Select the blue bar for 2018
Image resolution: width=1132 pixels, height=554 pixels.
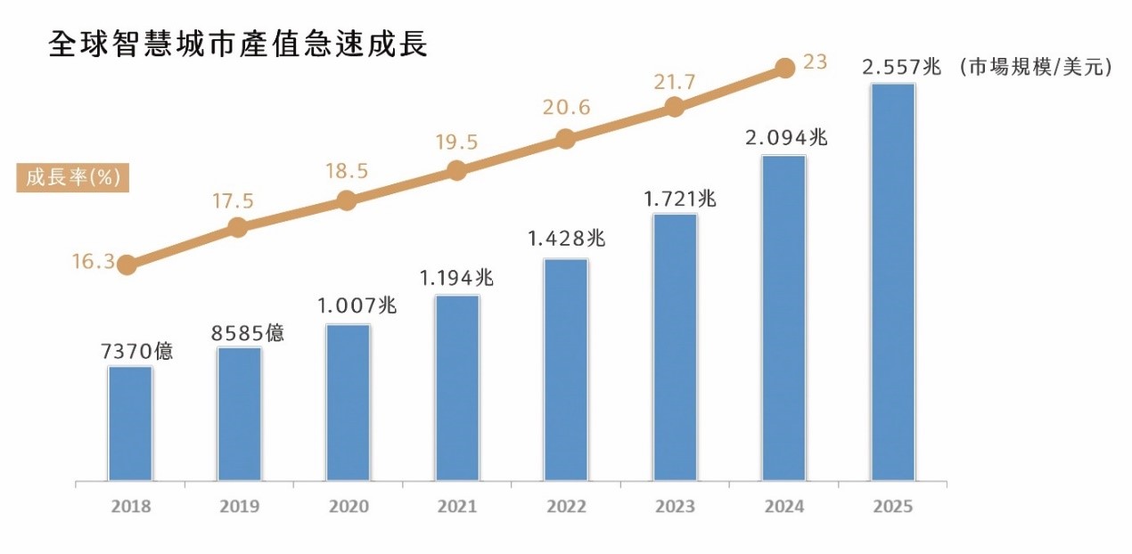coord(130,424)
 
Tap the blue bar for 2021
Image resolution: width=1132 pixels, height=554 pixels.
coord(457,388)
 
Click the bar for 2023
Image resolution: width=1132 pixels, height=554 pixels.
coord(675,348)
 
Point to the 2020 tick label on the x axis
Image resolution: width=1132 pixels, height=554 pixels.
coord(349,507)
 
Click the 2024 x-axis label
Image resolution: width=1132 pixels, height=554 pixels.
coord(783,507)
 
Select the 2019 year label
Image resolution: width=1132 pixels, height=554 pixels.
coord(239,507)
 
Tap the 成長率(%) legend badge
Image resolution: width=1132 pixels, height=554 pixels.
coord(73,177)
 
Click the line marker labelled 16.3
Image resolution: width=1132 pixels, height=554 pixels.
coord(127,265)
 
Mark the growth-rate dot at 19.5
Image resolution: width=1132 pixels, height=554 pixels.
coord(456,170)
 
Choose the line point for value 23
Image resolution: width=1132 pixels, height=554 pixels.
coord(784,68)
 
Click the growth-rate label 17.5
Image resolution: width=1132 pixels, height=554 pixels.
coord(233,201)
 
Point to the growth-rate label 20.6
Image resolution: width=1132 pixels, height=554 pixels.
coord(566,108)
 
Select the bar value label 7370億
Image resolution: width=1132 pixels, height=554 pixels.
coord(137,351)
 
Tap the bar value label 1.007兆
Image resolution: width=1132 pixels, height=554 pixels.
coord(357,306)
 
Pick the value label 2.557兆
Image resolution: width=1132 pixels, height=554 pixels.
coord(901,66)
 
